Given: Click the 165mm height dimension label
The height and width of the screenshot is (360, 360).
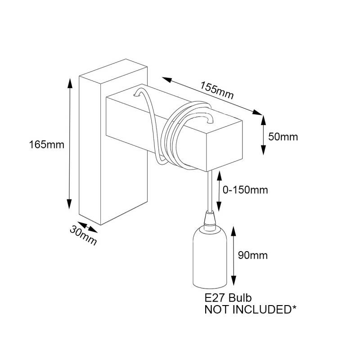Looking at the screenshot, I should [x=47, y=145].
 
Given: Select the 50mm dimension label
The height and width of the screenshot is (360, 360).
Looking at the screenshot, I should [x=283, y=136].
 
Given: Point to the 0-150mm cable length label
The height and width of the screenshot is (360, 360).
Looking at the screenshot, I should [x=246, y=190].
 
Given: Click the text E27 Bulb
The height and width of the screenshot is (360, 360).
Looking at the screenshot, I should [x=228, y=298].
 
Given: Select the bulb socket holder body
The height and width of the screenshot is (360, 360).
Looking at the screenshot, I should [x=208, y=259].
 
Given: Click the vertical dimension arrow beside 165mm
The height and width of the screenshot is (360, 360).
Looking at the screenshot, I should [x=70, y=144].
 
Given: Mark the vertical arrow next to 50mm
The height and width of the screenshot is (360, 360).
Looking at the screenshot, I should [x=263, y=135].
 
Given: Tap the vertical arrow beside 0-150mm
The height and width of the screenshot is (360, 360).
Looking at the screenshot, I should [x=220, y=191].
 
